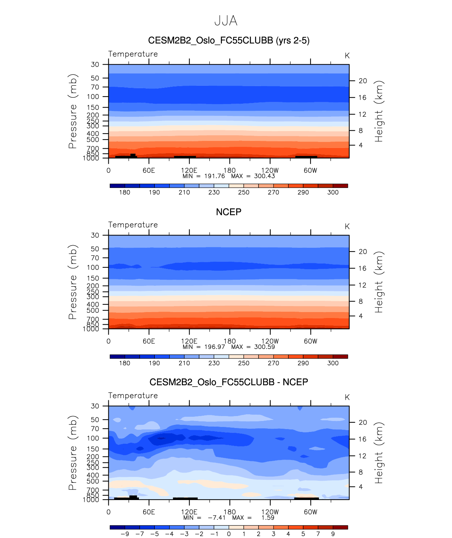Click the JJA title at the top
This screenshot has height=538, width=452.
[226, 21]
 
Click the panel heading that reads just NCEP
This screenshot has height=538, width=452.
[229, 212]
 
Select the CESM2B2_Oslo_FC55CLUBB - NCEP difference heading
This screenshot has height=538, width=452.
[229, 382]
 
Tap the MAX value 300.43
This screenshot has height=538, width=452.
[265, 176]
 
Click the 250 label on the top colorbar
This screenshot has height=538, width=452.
[243, 192]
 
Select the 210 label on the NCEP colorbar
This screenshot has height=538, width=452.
[184, 363]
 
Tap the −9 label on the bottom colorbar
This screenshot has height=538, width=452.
[125, 534]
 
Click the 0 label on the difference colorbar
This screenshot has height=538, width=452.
[229, 534]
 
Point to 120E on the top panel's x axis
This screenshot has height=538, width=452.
[189, 170]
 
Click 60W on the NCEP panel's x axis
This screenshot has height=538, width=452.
[311, 341]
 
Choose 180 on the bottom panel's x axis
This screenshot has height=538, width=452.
[230, 512]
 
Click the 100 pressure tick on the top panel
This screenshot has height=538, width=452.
[93, 97]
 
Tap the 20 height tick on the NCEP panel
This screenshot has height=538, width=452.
[363, 252]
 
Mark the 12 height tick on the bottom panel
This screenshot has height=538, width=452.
[363, 456]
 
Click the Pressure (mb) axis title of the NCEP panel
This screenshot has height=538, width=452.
[72, 282]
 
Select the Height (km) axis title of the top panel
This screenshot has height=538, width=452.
[378, 111]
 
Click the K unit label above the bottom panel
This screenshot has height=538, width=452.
[347, 397]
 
